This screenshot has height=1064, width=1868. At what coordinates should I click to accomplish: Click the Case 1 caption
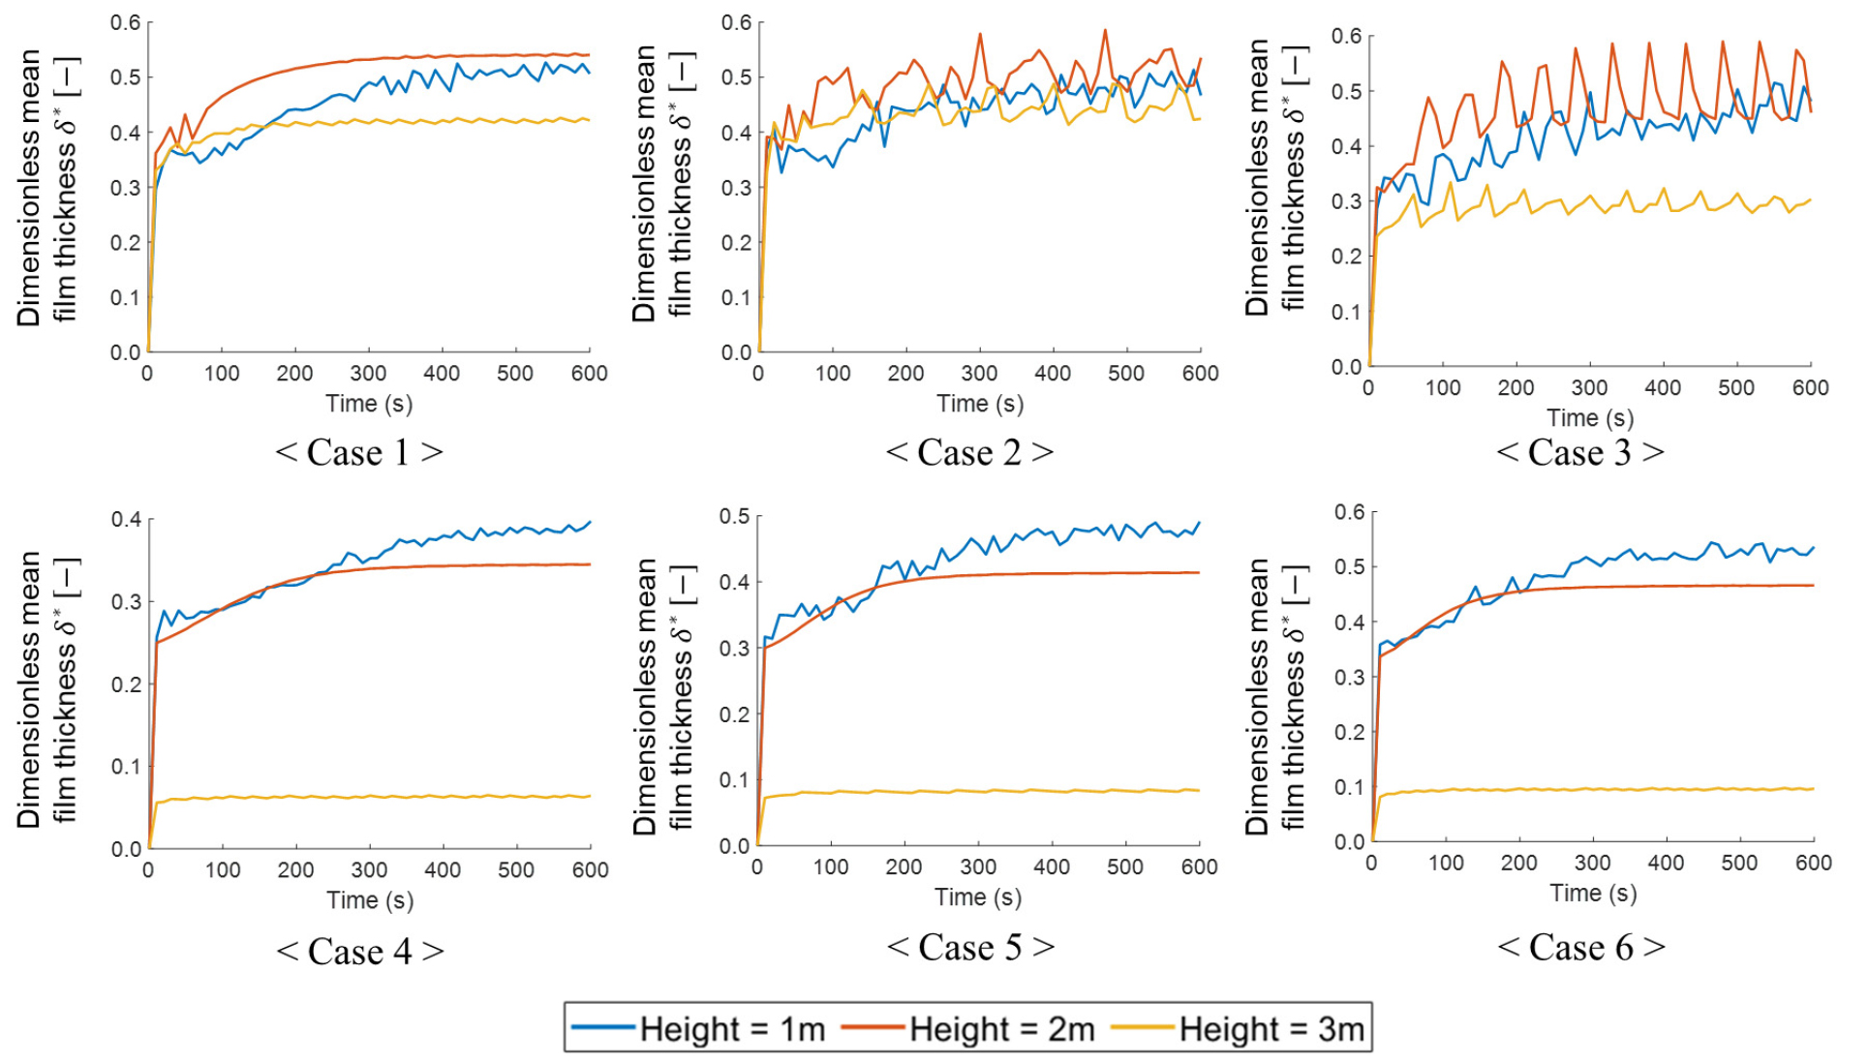pos(359,452)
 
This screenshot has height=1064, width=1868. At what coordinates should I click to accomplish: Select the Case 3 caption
pos(1580,452)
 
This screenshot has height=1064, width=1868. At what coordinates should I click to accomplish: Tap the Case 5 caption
pos(970,947)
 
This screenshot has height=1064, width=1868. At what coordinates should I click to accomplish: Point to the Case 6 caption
pos(1581,947)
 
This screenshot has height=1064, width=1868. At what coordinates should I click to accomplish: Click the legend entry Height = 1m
pos(699,1028)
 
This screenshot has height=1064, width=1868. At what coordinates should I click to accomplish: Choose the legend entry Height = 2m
pos(968,1028)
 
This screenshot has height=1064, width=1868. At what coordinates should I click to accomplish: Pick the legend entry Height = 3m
pos(1239,1028)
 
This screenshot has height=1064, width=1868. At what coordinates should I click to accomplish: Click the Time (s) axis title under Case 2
pos(980,404)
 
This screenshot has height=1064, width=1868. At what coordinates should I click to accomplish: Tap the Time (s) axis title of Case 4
pos(370,900)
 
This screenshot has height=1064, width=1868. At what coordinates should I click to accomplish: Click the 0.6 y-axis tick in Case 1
pos(125,22)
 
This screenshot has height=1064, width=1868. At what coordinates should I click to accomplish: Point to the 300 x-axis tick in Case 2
pos(979,374)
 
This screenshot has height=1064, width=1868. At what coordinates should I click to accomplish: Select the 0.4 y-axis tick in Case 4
pos(126,520)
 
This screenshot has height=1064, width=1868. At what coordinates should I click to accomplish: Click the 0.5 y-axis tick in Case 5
pos(735,517)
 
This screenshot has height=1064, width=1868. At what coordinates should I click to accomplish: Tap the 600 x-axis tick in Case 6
pos(1813,863)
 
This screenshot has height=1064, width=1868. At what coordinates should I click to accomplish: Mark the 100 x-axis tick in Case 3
pos(1442,388)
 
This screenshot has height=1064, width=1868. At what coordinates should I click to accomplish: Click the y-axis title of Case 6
pos(1272,696)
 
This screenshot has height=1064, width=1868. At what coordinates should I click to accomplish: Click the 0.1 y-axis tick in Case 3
pos(1346,312)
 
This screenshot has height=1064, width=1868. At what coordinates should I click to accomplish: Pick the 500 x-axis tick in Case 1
pos(515,374)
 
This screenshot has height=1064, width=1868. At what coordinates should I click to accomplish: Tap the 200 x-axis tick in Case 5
pos(903,866)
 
